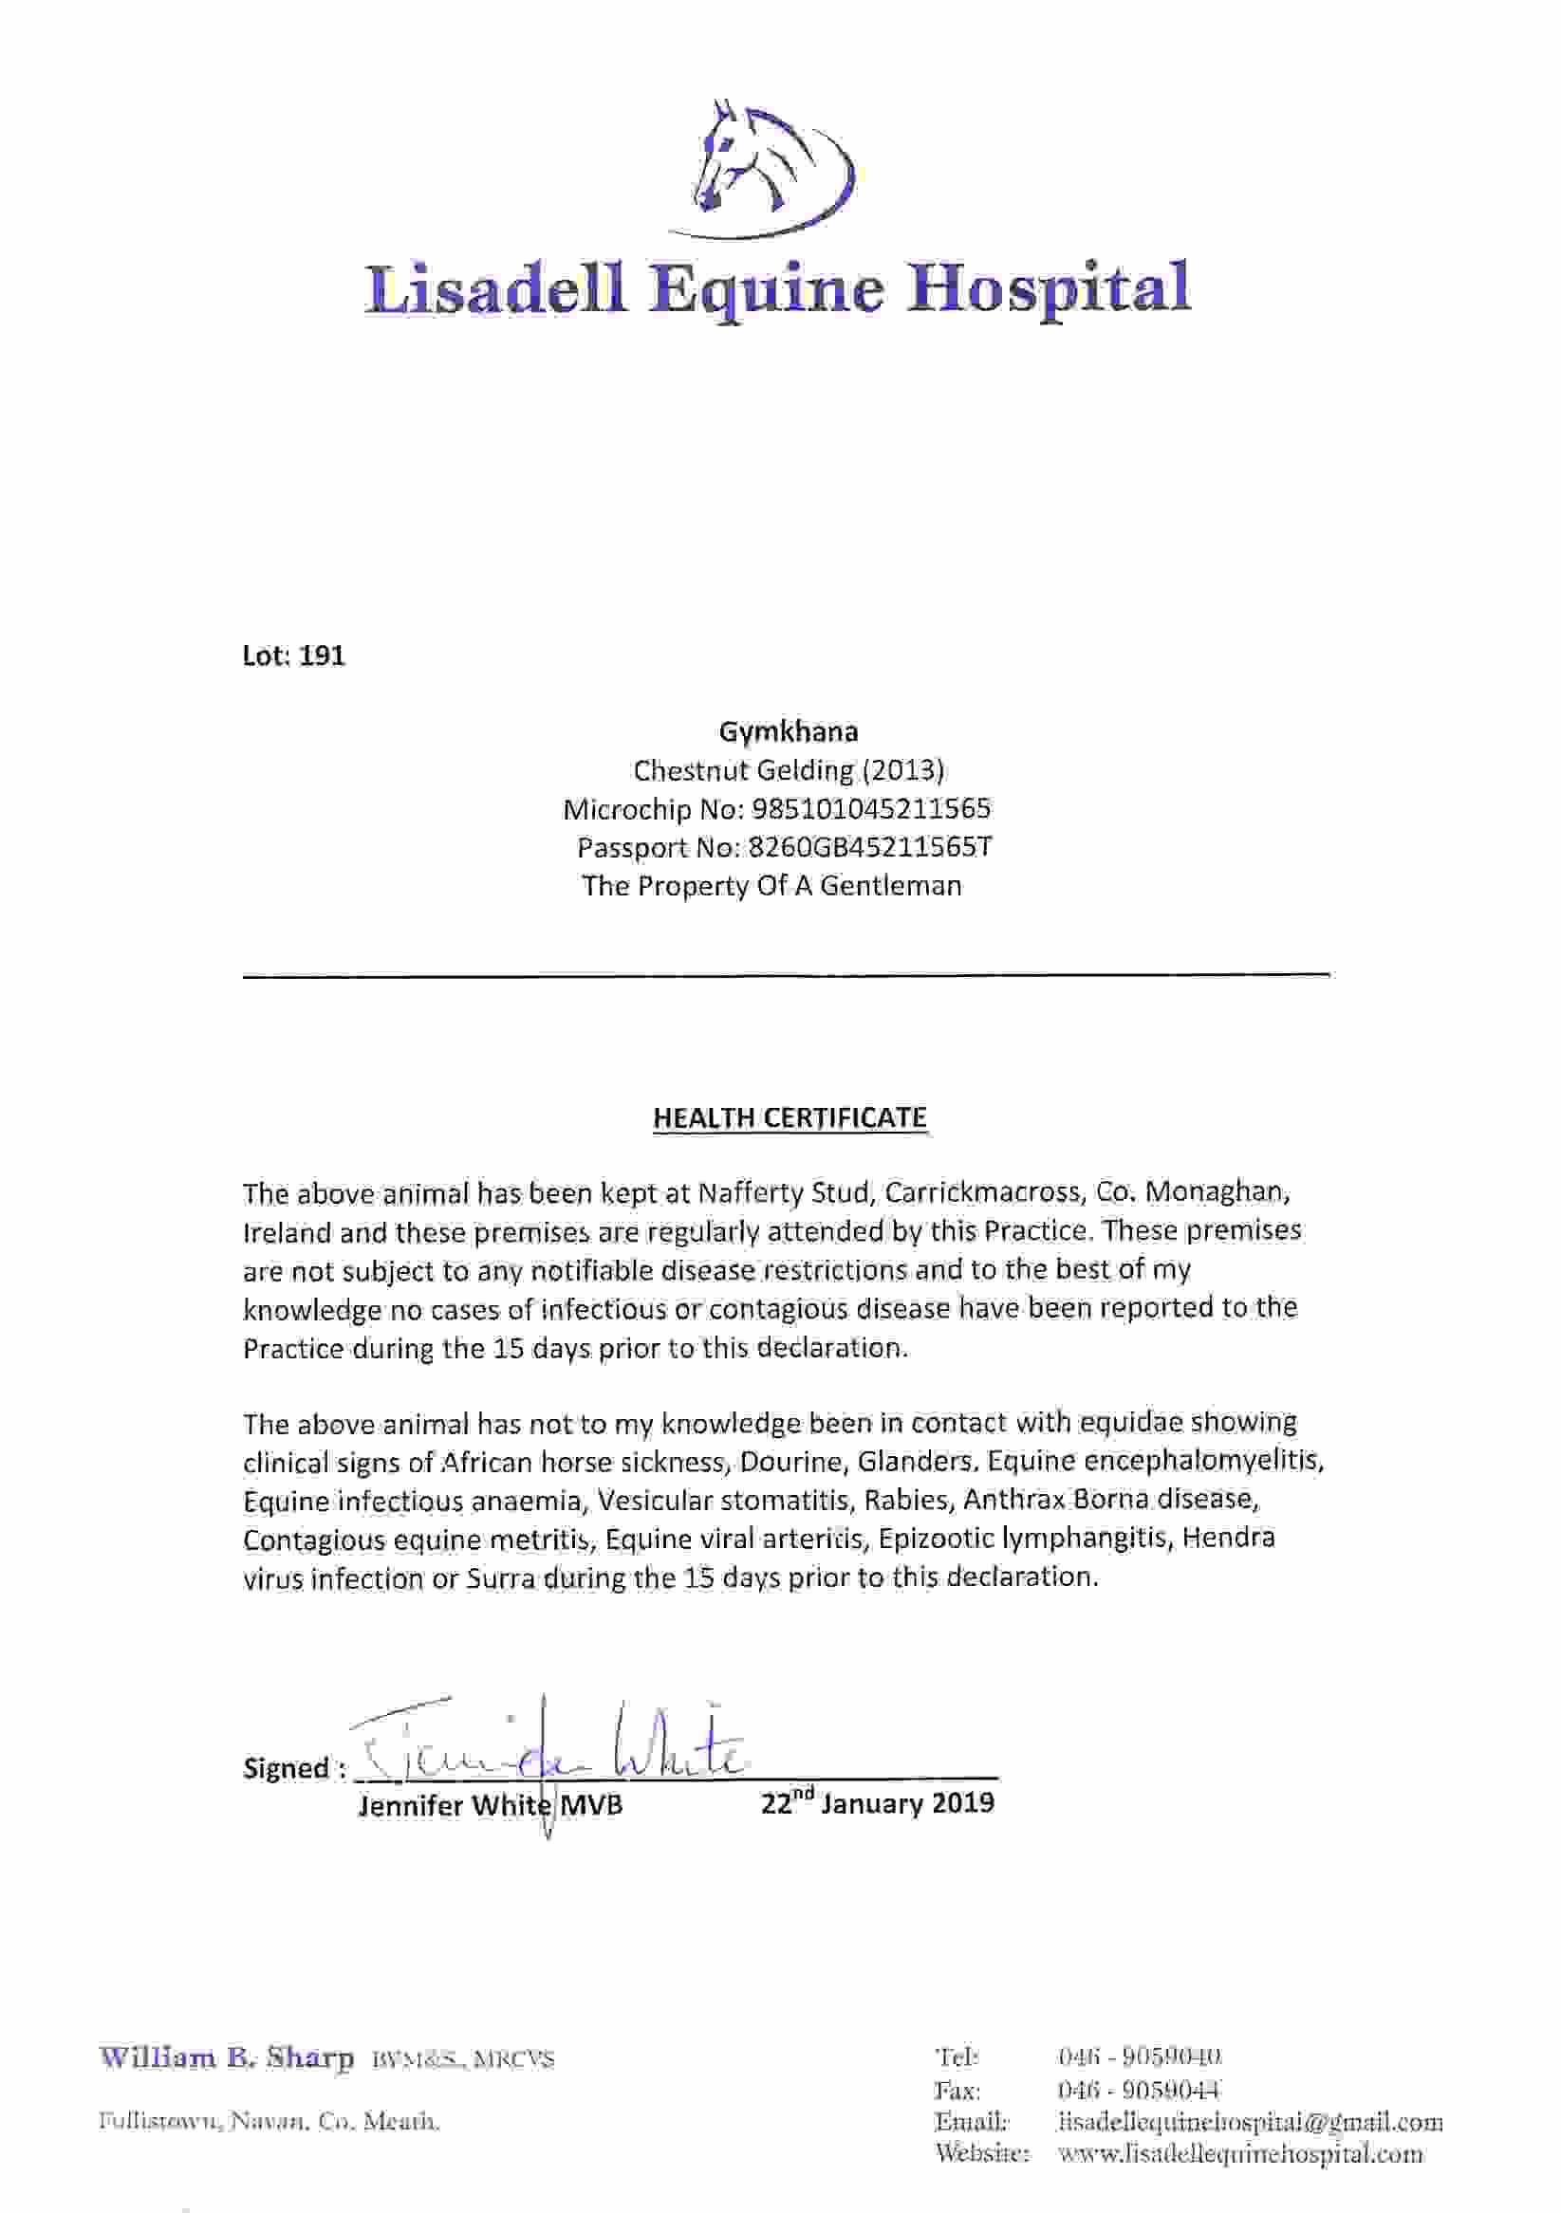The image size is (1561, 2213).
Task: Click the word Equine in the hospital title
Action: coord(766,289)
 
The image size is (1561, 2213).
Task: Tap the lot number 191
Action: coord(321,656)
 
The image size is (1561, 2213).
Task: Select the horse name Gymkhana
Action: coord(788,731)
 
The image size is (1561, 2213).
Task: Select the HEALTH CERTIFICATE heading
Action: coord(790,1117)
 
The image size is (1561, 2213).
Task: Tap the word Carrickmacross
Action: coord(981,1193)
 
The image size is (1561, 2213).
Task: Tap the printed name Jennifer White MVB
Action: coord(490,1805)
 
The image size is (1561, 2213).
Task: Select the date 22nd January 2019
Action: coord(877,1802)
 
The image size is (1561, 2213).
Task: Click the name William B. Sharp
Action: coord(227,2058)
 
